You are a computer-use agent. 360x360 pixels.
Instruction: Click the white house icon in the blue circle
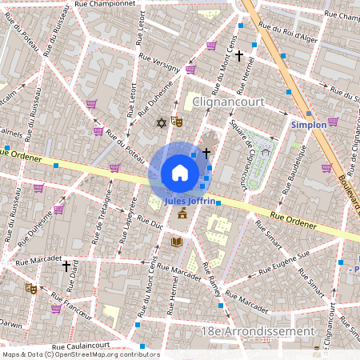coord(180,173)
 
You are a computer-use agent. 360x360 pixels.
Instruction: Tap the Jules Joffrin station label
coord(190,202)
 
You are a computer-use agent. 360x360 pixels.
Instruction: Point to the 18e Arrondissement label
coord(270,330)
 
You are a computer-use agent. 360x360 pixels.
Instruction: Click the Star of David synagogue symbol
coord(162,122)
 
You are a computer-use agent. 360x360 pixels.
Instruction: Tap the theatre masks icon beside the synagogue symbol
coord(177,121)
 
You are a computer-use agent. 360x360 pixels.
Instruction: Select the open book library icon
coord(176,242)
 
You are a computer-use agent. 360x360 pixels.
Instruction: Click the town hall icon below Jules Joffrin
coord(182,214)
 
